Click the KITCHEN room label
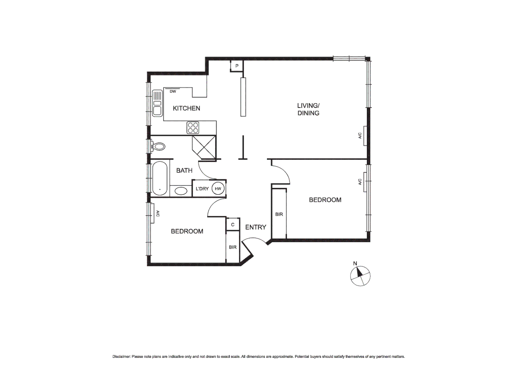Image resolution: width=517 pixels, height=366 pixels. click(186, 108)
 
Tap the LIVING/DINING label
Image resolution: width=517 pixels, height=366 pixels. click(308, 109)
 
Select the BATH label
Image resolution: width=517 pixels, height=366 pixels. click(184, 170)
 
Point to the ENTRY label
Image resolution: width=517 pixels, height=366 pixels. click(255, 227)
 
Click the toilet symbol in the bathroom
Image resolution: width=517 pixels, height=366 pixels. click(158, 147)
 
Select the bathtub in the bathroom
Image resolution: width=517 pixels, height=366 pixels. click(159, 178)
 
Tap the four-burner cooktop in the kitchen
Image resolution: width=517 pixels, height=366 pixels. click(193, 128)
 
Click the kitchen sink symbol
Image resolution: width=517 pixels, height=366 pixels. click(157, 103)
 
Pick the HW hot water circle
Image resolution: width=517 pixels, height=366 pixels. click(218, 189)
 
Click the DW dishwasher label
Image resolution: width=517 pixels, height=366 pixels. click(173, 91)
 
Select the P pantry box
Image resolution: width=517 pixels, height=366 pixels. click(237, 66)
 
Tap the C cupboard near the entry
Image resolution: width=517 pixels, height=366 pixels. click(233, 225)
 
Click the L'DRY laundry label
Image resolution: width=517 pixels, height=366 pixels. click(202, 189)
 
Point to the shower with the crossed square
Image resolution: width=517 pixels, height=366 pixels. click(204, 147)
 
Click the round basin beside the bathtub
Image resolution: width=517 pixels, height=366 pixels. click(181, 191)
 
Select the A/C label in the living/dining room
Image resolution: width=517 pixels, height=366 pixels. click(360, 136)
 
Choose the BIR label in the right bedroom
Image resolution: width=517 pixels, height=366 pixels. click(279, 214)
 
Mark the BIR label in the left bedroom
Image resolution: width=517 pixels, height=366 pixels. click(232, 247)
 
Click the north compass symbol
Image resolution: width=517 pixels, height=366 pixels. click(360, 276)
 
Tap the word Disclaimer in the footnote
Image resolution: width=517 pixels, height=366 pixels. click(121, 357)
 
